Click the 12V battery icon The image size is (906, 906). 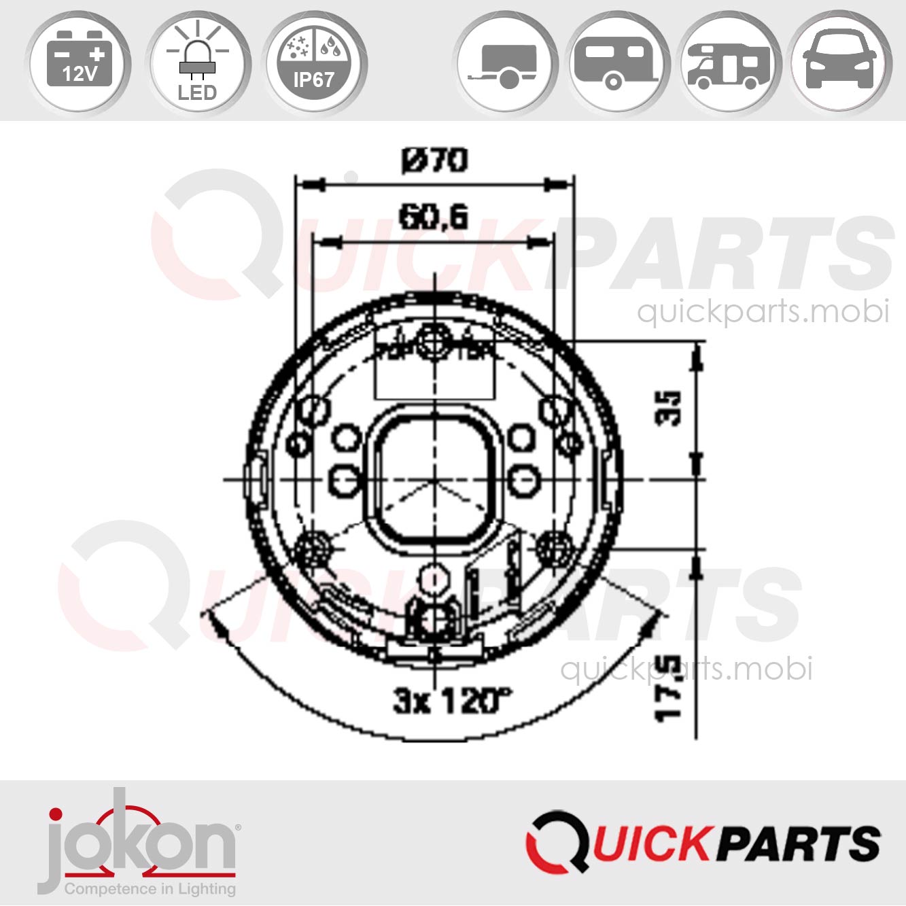tap(80, 61)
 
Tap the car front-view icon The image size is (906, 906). tap(840, 61)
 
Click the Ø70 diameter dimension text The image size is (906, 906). tap(434, 161)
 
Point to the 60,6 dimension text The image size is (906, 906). tap(433, 217)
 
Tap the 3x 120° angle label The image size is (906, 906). tap(451, 700)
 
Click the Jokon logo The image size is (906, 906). tap(139, 839)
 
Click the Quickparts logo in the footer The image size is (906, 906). tap(703, 843)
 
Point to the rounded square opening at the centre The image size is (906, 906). tap(434, 478)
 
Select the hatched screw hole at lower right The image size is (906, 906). tap(555, 546)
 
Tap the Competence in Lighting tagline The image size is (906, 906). tap(150, 888)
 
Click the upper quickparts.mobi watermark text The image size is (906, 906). tap(763, 311)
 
